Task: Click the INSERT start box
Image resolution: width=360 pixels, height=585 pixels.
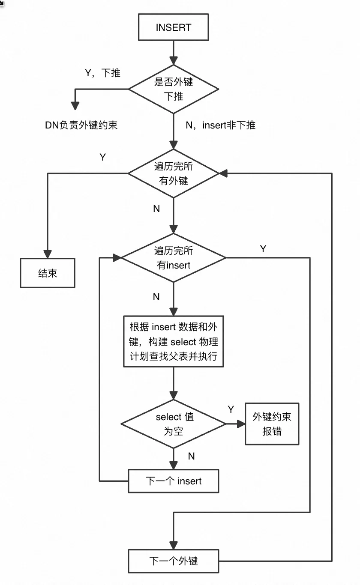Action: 174,28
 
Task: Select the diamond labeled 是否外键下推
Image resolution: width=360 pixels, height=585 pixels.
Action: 174,89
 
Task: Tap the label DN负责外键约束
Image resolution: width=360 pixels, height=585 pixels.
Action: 81,125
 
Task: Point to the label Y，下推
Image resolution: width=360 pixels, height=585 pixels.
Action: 103,73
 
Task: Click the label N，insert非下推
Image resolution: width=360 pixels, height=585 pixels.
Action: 220,125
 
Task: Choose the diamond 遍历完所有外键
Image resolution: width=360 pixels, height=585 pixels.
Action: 174,173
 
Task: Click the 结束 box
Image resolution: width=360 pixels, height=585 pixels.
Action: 47,273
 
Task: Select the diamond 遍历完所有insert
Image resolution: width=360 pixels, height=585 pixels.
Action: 174,258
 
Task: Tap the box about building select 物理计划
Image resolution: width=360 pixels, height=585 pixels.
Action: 174,341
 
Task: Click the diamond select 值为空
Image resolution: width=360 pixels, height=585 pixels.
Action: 174,424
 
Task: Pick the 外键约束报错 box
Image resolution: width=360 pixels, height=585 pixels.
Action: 272,424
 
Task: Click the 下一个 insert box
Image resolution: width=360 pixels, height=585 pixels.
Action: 174,481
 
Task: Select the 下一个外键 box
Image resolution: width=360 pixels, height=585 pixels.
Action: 174,561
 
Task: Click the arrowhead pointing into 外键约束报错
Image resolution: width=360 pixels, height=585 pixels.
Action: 241,424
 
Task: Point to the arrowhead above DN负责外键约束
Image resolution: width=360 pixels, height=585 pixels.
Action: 75,105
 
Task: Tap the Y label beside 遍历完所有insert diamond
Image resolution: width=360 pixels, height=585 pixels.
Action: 263,249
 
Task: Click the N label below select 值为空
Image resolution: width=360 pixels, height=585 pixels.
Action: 191,456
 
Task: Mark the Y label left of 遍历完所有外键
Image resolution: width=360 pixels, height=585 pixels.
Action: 102,157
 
